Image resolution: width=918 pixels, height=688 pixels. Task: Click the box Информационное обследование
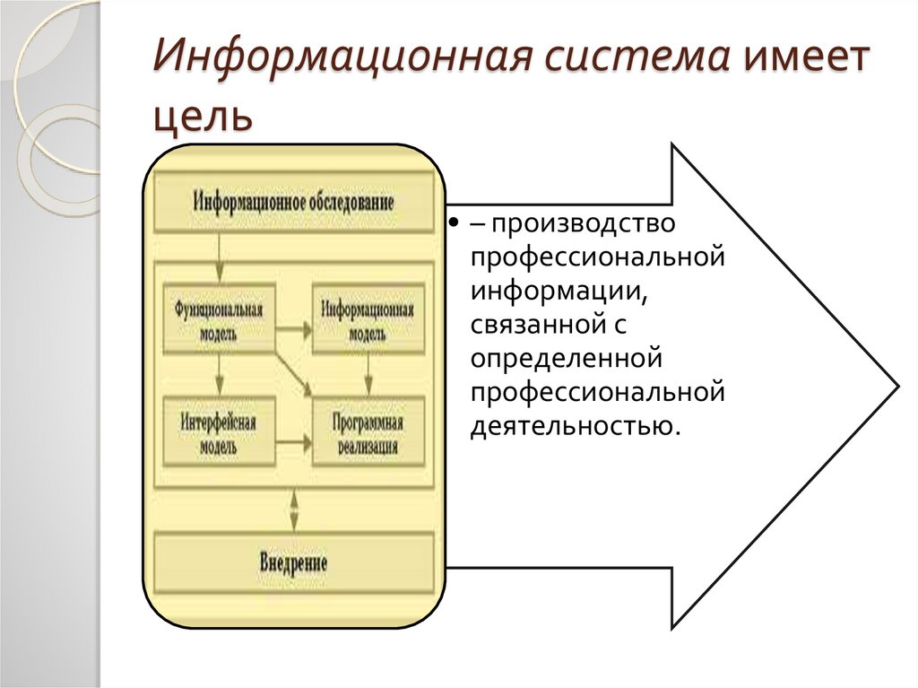pyautogui.click(x=293, y=202)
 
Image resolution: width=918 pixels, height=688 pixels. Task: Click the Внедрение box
pyautogui.click(x=293, y=563)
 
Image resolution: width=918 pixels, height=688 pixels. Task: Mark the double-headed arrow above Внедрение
pyautogui.click(x=293, y=511)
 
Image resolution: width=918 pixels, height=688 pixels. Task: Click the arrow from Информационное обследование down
pyautogui.click(x=218, y=260)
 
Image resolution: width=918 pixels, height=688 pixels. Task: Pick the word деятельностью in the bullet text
pyautogui.click(x=573, y=424)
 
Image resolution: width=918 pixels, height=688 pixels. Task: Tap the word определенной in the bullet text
pyautogui.click(x=566, y=358)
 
